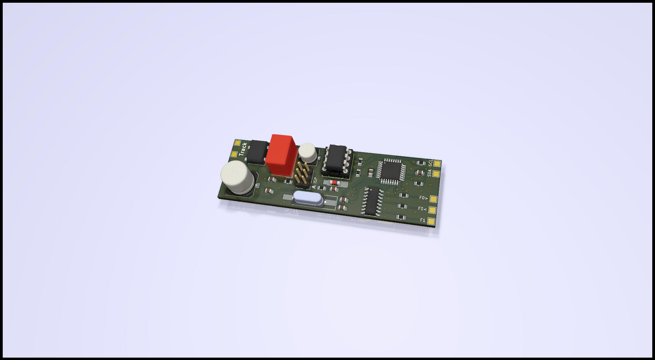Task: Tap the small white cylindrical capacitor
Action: coord(308,153)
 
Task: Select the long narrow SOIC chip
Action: coord(373,201)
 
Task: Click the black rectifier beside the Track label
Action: coord(257,152)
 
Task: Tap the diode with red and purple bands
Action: coord(335,183)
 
